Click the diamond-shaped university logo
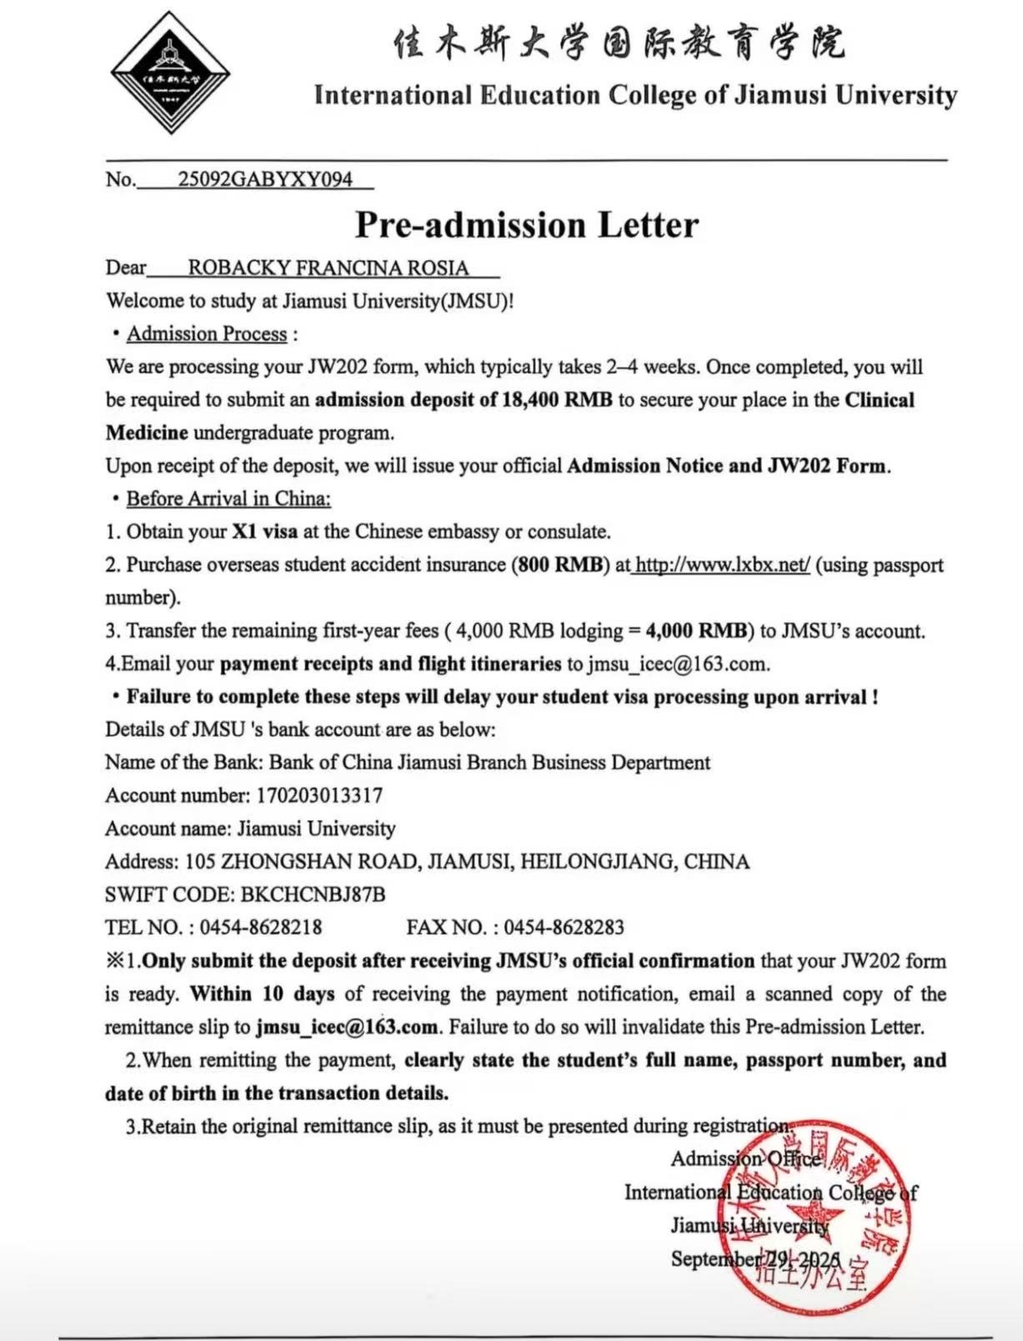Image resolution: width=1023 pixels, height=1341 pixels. [x=170, y=73]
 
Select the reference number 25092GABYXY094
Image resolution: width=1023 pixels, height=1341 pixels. [x=264, y=179]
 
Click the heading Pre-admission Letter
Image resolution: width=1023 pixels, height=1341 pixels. [x=527, y=225]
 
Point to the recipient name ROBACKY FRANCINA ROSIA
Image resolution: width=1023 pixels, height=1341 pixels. [x=328, y=268]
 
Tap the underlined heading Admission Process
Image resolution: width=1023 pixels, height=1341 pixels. [x=207, y=334]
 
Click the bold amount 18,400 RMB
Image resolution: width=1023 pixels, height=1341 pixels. [x=557, y=400]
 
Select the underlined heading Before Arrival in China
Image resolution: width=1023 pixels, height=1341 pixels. [x=228, y=498]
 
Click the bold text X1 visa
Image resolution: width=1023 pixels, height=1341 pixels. [x=264, y=532]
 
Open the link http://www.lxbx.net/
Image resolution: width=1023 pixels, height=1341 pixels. [x=722, y=565]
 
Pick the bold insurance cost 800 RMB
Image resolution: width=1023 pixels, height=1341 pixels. [x=559, y=565]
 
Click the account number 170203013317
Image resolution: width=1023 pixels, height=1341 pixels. [x=319, y=795]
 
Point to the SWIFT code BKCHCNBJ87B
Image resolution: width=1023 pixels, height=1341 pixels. [x=313, y=894]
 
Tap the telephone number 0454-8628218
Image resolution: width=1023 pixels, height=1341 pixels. [x=261, y=928]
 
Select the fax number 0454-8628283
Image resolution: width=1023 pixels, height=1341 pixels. [x=564, y=928]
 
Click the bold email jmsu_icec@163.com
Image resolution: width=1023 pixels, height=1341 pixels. [x=347, y=1027]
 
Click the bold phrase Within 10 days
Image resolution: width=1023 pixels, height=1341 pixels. [x=263, y=993]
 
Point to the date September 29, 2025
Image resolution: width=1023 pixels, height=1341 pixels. [x=755, y=1258]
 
